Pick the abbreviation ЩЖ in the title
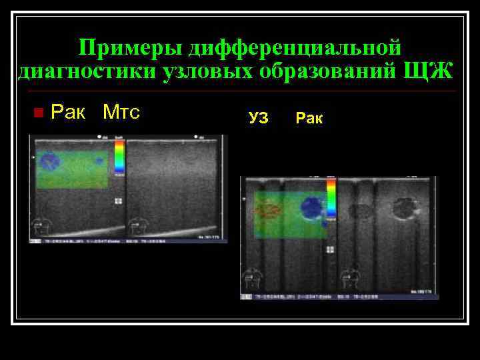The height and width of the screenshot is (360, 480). (x=427, y=70)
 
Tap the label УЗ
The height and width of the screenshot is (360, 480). (x=259, y=119)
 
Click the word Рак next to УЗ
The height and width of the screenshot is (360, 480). (x=309, y=119)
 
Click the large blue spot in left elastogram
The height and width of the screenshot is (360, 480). (x=49, y=160)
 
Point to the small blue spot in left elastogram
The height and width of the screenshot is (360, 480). (x=99, y=160)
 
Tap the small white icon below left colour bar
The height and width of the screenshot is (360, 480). (x=118, y=201)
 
